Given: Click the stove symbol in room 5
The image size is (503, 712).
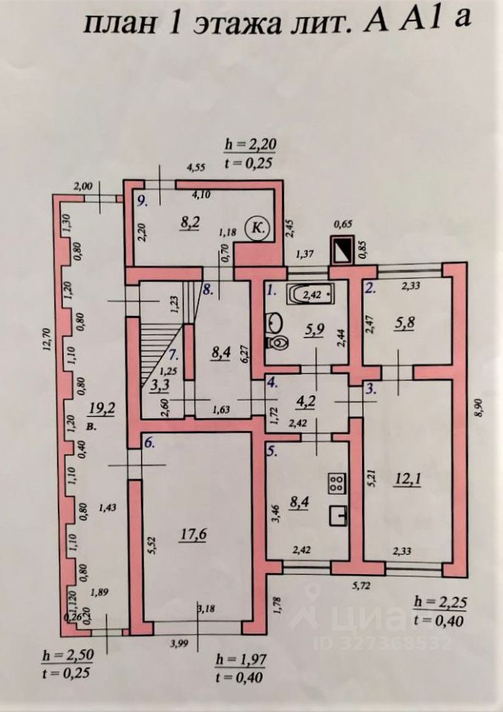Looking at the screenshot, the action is tap(337, 484).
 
